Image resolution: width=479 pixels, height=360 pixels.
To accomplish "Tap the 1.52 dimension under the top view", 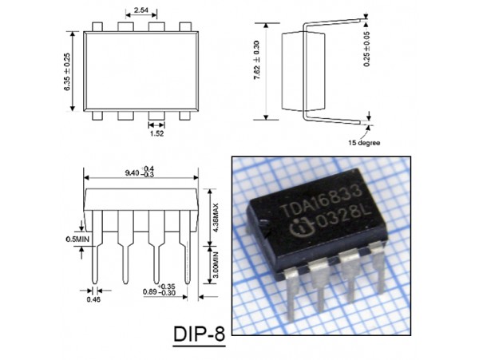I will pos(156,136).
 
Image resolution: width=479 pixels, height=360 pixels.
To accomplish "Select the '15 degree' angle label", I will pos(363,144).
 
